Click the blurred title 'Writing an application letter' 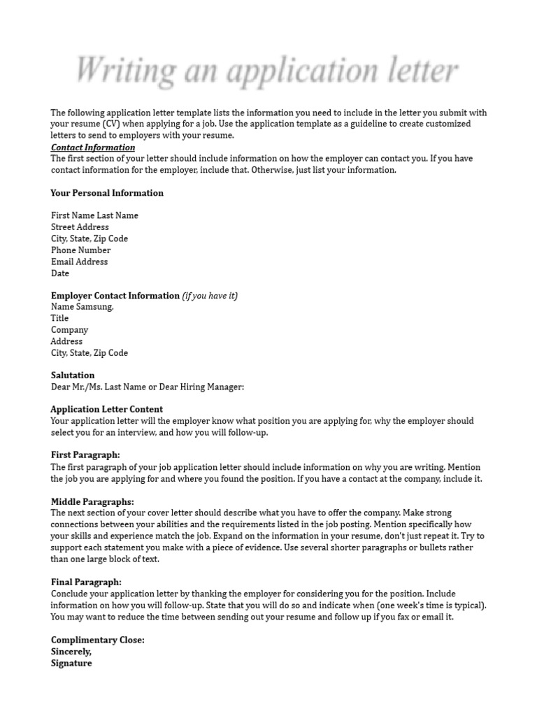click(x=266, y=71)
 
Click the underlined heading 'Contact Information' click(x=93, y=148)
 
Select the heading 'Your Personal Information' click(x=107, y=193)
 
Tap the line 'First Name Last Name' click(x=94, y=215)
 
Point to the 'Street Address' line click(x=80, y=227)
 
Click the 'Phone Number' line click(x=80, y=250)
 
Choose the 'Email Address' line click(x=79, y=262)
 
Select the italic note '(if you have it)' click(x=210, y=296)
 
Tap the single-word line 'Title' click(x=60, y=318)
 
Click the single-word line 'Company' click(x=69, y=330)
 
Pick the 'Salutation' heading click(x=73, y=375)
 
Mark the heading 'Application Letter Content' click(x=107, y=409)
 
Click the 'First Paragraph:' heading click(x=85, y=455)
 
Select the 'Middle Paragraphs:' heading click(x=92, y=501)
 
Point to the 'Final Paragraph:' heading click(x=86, y=582)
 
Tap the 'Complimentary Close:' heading click(x=98, y=640)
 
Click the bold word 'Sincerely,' click(x=71, y=652)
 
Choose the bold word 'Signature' click(x=71, y=664)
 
